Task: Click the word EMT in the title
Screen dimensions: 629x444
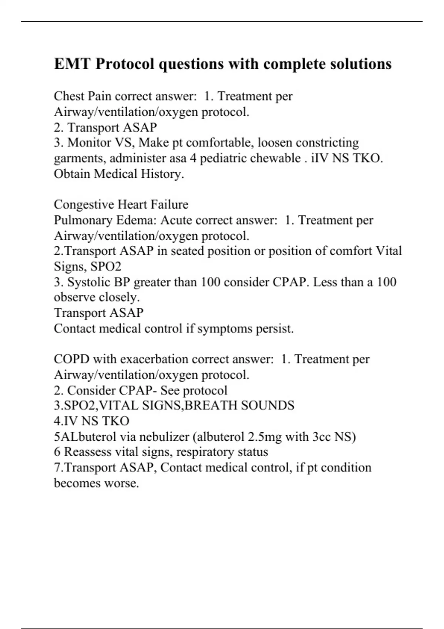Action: coord(72,64)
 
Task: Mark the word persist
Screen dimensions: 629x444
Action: coord(275,329)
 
